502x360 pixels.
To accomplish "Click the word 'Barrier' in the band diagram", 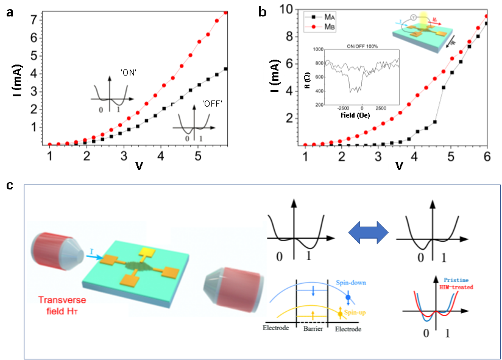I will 311,328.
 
